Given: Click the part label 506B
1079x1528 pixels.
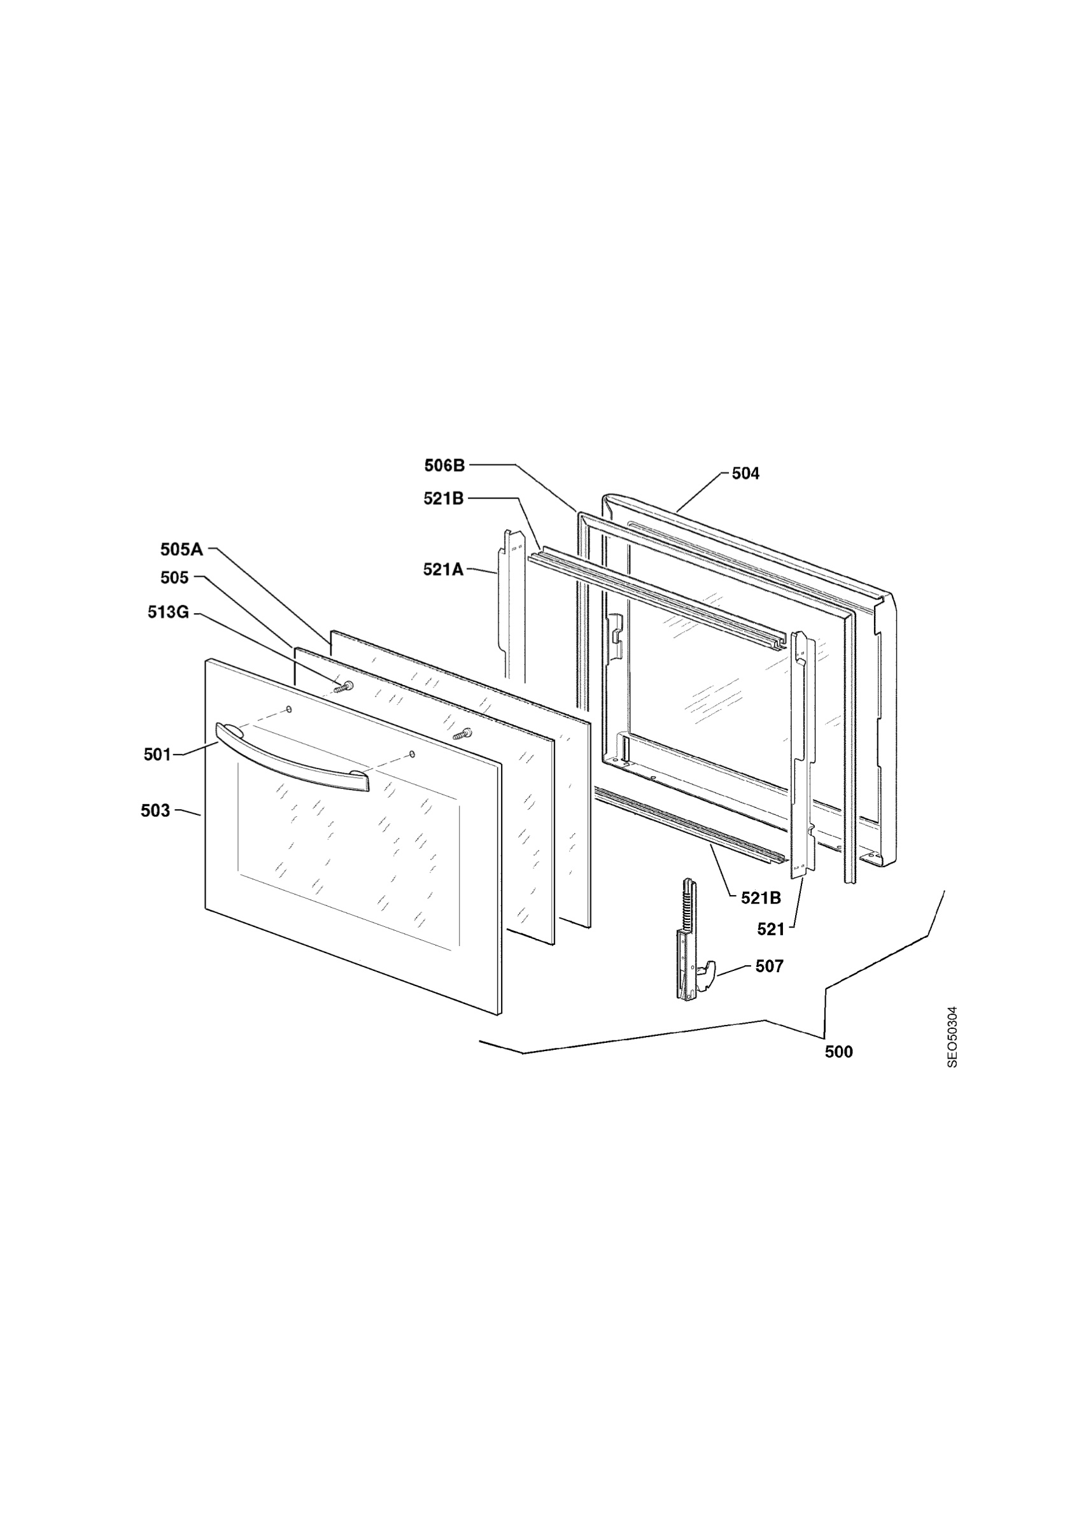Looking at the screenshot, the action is [445, 466].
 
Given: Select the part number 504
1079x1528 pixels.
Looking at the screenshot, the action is [745, 473].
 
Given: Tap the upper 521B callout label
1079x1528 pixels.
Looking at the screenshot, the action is [444, 499].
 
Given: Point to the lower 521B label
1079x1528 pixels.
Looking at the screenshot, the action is [761, 898].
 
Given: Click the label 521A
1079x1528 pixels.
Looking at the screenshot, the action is [444, 570].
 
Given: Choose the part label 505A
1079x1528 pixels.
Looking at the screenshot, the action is [181, 549].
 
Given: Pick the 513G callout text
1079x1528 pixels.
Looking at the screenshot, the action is [168, 612].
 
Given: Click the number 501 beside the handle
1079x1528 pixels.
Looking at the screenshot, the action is [158, 754].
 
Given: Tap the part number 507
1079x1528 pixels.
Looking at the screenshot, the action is [770, 966].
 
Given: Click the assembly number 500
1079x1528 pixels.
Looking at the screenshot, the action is [839, 1052].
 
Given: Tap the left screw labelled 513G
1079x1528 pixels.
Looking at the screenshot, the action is [344, 688].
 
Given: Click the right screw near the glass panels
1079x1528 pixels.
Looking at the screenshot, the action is [462, 733].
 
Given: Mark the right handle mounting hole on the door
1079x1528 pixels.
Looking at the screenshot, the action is [412, 754].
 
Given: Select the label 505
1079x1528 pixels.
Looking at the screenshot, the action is [175, 577].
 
